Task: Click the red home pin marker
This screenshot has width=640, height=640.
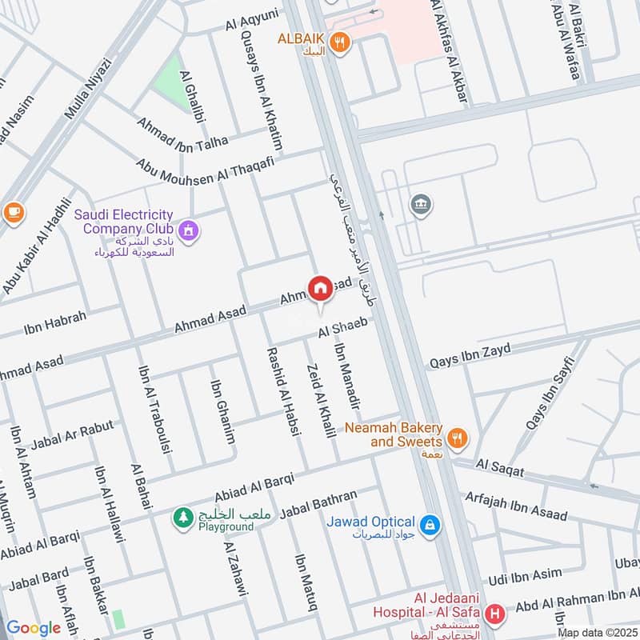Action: point(320,288)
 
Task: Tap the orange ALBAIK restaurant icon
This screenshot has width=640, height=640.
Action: point(340,44)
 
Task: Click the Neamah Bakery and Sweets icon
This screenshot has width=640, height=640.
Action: point(457,437)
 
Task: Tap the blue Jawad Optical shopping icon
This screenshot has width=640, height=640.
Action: point(430,524)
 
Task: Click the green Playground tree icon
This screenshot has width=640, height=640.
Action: point(183,518)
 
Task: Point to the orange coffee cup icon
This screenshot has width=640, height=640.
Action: point(14,212)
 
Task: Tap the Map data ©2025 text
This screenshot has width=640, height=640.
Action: point(595,633)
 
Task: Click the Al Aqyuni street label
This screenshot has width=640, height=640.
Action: point(252,22)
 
